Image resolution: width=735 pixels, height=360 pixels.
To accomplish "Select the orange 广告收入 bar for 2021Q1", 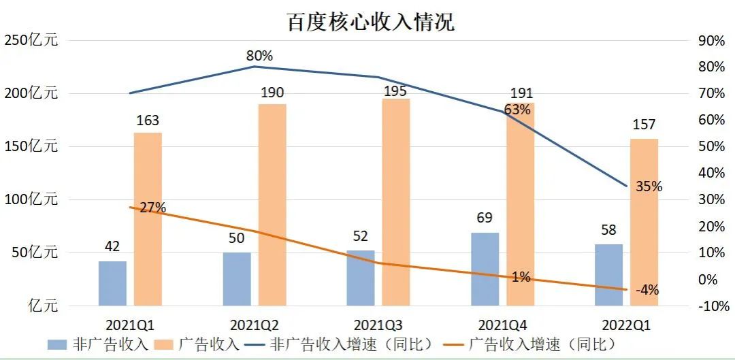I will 148,218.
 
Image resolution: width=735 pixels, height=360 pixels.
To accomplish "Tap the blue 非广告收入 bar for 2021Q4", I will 485,268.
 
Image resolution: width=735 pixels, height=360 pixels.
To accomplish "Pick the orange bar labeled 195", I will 396,201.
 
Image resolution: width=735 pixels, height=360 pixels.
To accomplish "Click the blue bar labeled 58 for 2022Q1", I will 608,274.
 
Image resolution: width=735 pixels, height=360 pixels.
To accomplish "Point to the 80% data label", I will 259,55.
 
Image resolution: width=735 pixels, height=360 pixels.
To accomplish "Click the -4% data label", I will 647,290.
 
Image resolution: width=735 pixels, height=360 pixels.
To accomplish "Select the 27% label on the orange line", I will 152,208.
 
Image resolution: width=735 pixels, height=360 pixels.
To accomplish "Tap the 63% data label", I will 518,110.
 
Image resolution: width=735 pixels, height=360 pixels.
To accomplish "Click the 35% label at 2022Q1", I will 648,186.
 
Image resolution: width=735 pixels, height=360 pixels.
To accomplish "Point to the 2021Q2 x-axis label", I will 255,325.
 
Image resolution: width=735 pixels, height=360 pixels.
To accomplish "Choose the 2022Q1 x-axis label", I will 626,325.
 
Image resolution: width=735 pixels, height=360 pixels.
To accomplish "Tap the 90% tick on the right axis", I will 712,40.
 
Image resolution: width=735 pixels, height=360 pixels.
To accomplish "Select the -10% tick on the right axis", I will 713,306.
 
